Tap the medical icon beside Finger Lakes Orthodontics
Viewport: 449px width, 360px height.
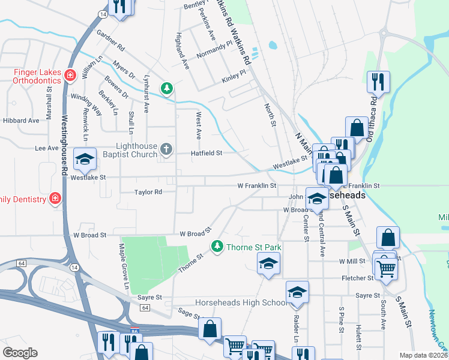70,75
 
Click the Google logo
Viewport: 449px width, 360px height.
19,353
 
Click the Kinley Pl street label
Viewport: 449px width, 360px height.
234,76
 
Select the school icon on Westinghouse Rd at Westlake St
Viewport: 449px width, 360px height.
85,159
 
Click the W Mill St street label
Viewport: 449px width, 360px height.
353,262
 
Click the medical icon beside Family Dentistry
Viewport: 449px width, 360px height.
55,199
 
